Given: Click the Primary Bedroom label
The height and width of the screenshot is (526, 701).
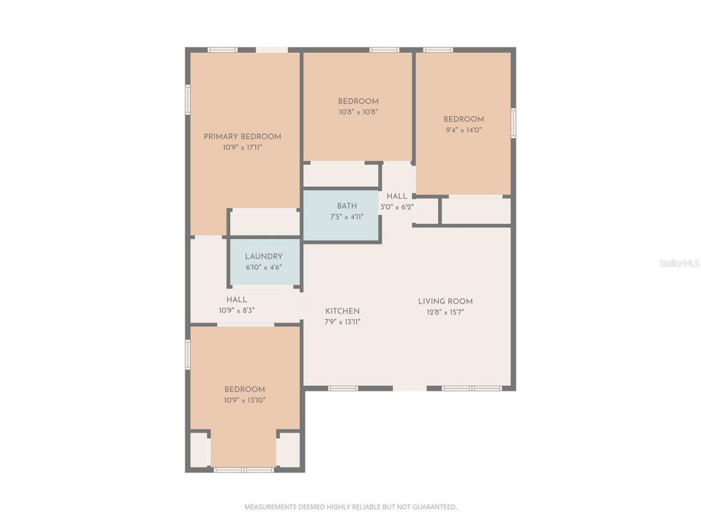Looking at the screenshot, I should [x=242, y=136].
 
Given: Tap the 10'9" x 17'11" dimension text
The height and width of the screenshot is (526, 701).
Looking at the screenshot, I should [x=242, y=147].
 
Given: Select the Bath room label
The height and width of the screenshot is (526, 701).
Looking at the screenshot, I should [x=347, y=206].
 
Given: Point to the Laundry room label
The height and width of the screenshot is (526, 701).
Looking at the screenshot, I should [x=263, y=256].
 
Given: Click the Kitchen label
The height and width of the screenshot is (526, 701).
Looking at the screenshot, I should [x=342, y=311].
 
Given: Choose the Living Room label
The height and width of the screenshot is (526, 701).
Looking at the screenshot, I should [x=445, y=301].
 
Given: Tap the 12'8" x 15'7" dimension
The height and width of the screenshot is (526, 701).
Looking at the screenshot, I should [x=445, y=312].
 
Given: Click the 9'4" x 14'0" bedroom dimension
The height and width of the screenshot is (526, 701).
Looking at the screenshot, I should [x=463, y=130].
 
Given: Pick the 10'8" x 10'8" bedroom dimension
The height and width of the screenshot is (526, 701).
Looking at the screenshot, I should [x=358, y=112].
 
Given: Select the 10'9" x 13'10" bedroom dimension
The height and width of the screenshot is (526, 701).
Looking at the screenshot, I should [x=244, y=401].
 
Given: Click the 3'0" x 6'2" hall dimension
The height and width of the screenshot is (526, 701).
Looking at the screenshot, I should [x=397, y=207].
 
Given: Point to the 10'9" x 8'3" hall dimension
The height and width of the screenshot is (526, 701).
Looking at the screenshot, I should [x=237, y=311].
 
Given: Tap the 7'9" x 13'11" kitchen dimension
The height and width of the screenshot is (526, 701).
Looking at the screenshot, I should [x=342, y=322].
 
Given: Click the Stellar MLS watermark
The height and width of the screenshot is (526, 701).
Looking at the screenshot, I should [x=679, y=264].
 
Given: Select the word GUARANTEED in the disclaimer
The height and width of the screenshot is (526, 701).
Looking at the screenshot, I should [x=435, y=507].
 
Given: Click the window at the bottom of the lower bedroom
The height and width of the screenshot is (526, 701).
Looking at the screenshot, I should [x=243, y=470].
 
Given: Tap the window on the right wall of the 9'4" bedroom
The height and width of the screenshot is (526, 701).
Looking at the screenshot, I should [x=513, y=123].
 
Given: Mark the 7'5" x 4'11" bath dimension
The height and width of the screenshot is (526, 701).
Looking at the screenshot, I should [x=347, y=217].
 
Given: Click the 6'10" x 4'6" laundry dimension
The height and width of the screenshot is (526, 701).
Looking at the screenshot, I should [x=263, y=267].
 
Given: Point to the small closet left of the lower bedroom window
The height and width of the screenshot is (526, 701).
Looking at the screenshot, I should [x=199, y=450].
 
